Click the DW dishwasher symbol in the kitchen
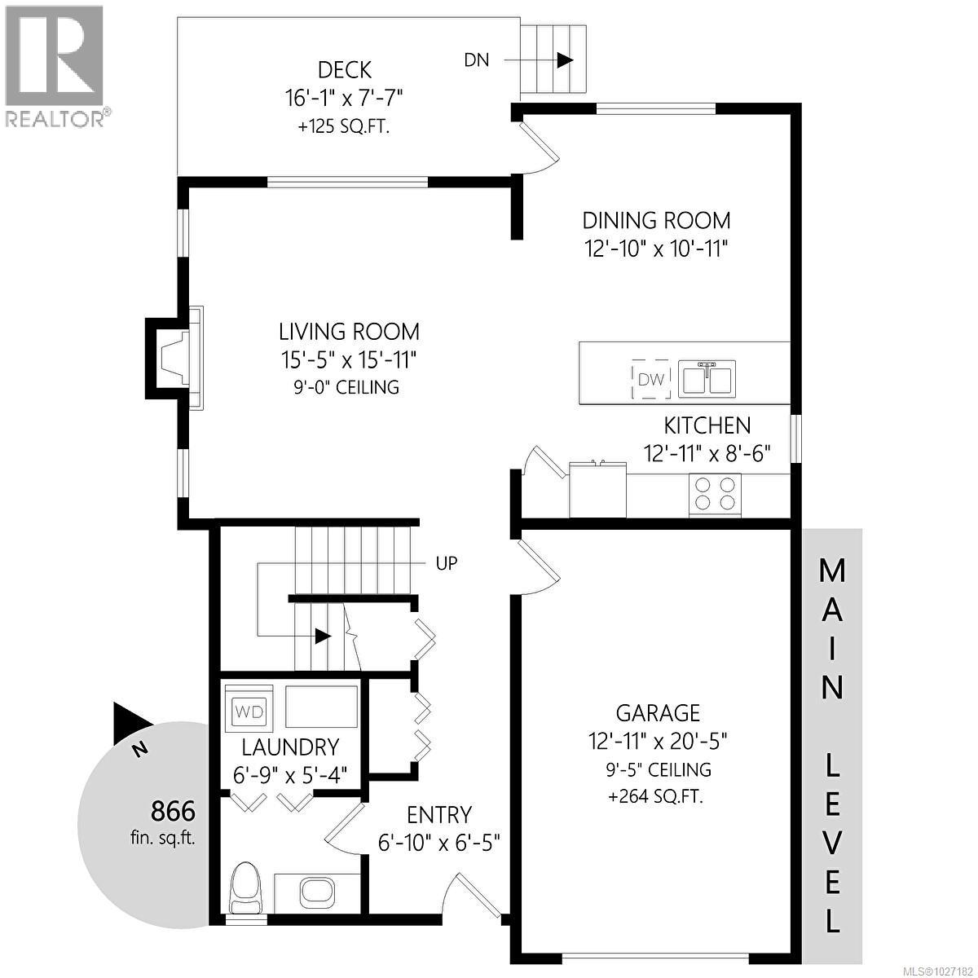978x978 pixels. [650, 379]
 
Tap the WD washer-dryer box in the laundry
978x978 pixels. [249, 711]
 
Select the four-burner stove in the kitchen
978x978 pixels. [715, 493]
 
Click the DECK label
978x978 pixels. [346, 69]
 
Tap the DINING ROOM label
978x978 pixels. [656, 220]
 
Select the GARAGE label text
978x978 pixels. [658, 713]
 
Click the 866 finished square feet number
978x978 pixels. [173, 811]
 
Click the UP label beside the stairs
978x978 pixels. [447, 563]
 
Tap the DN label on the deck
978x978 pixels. [477, 59]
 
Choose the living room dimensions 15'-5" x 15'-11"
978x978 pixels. [350, 359]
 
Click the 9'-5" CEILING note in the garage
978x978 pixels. [658, 769]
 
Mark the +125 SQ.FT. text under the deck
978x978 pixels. [344, 127]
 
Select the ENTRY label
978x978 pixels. [439, 814]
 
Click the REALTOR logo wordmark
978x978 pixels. [54, 118]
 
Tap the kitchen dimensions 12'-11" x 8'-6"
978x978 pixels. [706, 452]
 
